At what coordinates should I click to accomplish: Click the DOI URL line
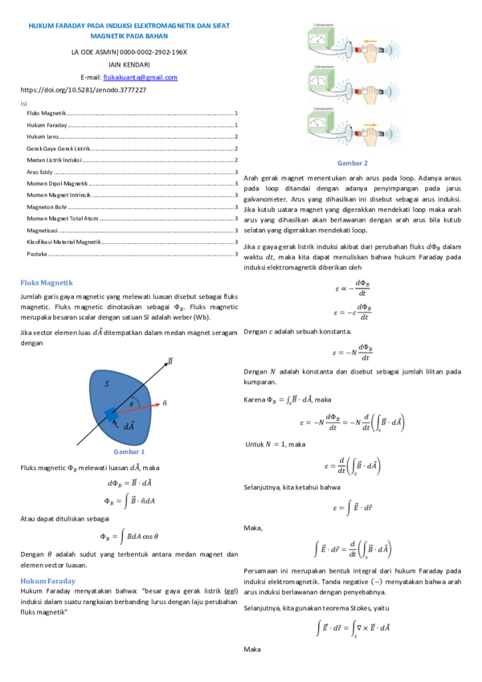click(83, 90)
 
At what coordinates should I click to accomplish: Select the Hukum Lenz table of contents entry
click(39, 137)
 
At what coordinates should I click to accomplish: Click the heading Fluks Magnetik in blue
click(46, 283)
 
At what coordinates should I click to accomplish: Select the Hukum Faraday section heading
click(48, 580)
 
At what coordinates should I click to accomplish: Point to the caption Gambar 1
click(129, 452)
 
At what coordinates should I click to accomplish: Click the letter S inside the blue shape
click(106, 384)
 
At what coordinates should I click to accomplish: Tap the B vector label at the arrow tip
click(170, 361)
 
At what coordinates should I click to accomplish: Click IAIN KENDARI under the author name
click(129, 64)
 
